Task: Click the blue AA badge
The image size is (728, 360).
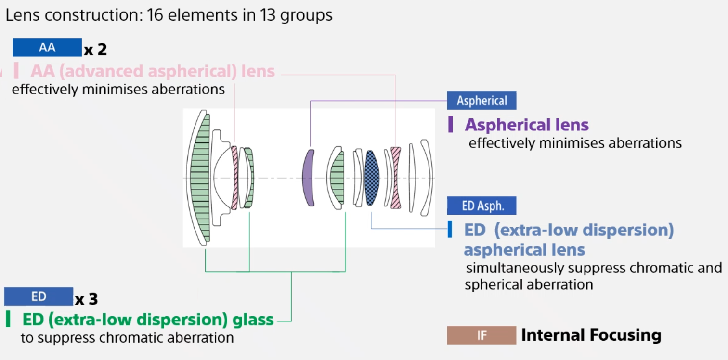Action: [x=47, y=47]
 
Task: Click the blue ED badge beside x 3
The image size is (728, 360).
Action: [x=39, y=296]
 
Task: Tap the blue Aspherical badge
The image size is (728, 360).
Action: [x=481, y=101]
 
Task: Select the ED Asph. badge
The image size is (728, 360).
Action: [x=481, y=206]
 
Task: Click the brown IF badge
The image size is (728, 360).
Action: [x=481, y=335]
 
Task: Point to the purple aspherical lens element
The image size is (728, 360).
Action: [x=308, y=178]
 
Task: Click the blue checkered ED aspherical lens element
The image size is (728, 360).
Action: [x=372, y=178]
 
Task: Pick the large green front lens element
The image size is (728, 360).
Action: [x=200, y=178]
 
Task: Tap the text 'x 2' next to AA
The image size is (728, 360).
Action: [x=95, y=50]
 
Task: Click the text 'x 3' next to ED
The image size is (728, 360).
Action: [x=87, y=299]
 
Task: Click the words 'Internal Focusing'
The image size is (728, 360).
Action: [x=591, y=335]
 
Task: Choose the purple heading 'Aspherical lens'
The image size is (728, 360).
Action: [x=527, y=125]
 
